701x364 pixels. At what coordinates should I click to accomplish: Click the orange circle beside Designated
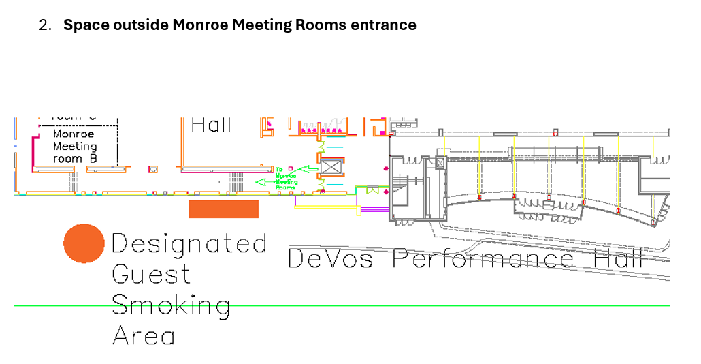tap(84, 243)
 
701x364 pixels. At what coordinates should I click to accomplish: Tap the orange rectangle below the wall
tap(223, 209)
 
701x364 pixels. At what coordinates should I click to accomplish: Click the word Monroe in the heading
tap(200, 25)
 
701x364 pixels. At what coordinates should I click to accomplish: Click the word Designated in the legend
tap(189, 243)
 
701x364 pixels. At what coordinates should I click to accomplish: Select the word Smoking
tap(170, 305)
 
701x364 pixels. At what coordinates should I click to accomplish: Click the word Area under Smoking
tap(143, 335)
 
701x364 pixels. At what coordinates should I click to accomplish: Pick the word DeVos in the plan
tap(330, 258)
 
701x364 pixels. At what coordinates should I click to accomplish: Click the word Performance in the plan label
tap(483, 258)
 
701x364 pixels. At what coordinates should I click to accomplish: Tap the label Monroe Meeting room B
tap(75, 146)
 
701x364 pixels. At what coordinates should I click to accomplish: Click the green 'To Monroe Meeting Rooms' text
tap(287, 178)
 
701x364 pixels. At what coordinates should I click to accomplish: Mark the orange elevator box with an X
tap(330, 167)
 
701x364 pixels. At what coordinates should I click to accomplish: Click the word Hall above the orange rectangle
tap(211, 125)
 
